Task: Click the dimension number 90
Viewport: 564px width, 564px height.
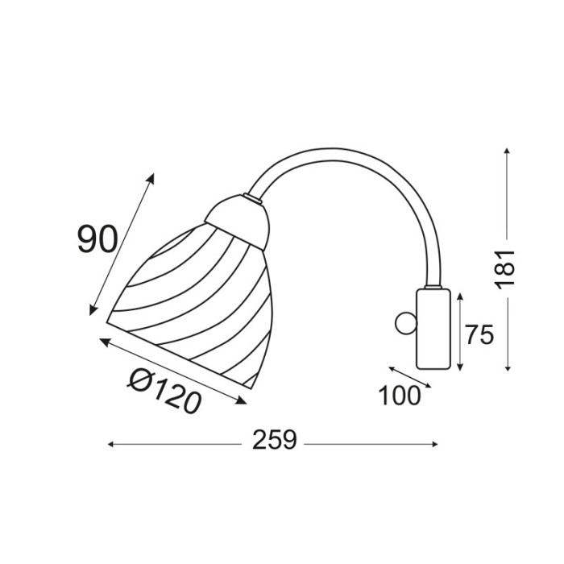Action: click(98, 239)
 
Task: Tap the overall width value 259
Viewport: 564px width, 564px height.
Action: click(275, 441)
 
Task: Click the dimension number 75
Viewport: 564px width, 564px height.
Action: click(479, 334)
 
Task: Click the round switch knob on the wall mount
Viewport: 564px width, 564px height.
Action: click(404, 325)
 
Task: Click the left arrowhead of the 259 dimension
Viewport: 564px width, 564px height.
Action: click(111, 443)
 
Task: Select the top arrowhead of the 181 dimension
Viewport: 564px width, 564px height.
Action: click(507, 151)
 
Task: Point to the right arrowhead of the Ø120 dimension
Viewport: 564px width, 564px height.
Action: click(244, 403)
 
